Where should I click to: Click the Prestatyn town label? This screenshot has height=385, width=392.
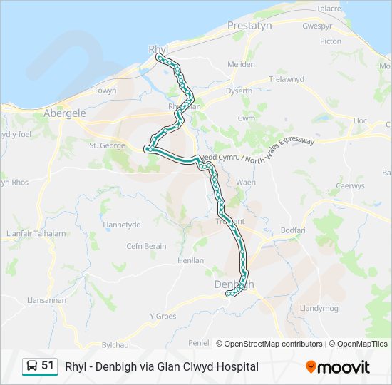(249, 26)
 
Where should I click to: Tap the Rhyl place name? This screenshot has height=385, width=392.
(158, 48)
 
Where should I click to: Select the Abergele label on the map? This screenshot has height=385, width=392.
(64, 113)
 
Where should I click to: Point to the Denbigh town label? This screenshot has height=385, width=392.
(233, 284)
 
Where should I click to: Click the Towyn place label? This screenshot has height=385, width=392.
(105, 91)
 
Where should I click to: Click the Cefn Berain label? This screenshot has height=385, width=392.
(146, 246)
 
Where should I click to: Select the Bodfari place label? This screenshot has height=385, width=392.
(293, 230)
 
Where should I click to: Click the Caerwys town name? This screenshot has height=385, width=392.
(350, 186)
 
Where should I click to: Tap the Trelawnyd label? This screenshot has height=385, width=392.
(285, 79)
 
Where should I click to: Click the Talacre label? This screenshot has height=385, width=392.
(329, 9)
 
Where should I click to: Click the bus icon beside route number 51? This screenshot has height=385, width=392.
(33, 366)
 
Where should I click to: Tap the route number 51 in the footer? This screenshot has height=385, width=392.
(48, 366)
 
